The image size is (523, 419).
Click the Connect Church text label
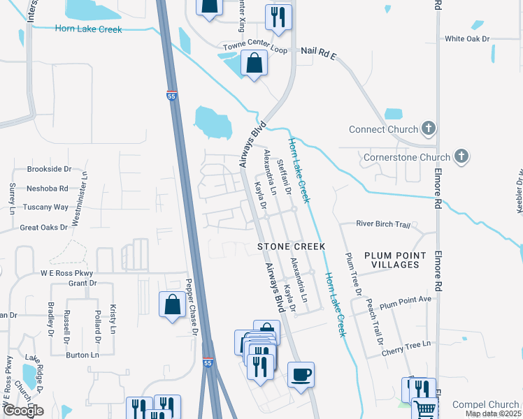pos(384,130)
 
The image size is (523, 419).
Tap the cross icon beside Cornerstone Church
pos(461,157)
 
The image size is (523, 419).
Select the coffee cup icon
pos(301,375)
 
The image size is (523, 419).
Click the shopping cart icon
pos(424,409)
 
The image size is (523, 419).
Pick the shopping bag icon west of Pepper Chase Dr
pos(172,305)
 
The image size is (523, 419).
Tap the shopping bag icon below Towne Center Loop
pos(254,64)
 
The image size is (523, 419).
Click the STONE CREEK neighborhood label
pos(292,247)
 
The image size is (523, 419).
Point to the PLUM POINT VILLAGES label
pos(391,260)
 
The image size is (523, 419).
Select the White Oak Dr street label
pos(467,39)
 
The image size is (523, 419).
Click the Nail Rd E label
pos(319,52)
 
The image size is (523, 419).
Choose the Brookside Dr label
pos(50,169)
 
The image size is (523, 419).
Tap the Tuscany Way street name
pos(48,207)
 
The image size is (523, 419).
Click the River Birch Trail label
pos(382,224)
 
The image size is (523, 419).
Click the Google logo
pos(23,410)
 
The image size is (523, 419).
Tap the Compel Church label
pos(485,404)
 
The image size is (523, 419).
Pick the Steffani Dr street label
pos(284,172)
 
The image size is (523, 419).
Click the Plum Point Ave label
pos(405,300)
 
